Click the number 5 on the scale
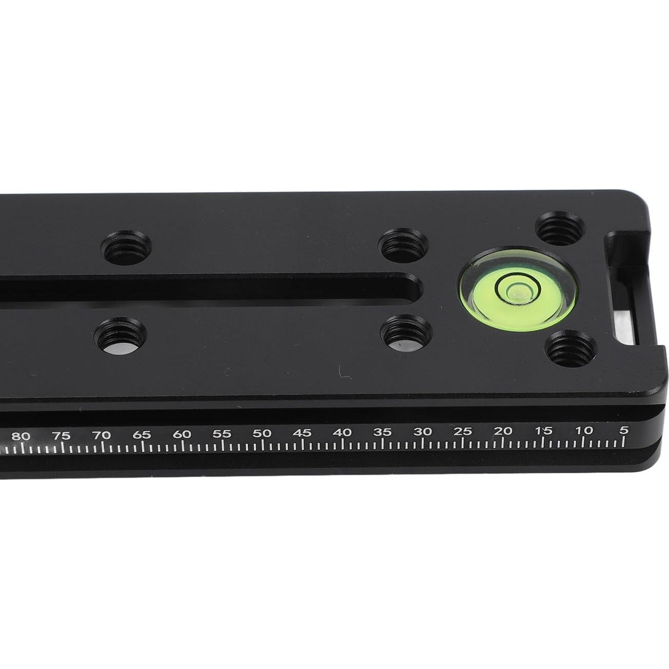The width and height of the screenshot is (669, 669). (624, 431)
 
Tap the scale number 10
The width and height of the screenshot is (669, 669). (584, 431)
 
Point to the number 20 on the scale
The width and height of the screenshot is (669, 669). (503, 431)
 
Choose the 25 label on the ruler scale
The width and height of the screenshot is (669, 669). (463, 432)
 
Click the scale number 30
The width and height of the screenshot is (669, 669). (423, 432)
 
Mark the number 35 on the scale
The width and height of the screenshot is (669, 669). (383, 433)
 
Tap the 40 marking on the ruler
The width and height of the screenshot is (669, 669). (342, 433)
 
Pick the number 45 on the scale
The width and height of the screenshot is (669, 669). (302, 433)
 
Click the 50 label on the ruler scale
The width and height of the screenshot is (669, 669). (262, 433)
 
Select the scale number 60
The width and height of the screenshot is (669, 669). (182, 434)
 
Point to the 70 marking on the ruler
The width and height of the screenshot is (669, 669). (102, 435)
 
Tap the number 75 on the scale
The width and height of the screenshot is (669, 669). (61, 436)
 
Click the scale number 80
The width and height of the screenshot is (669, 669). (21, 436)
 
